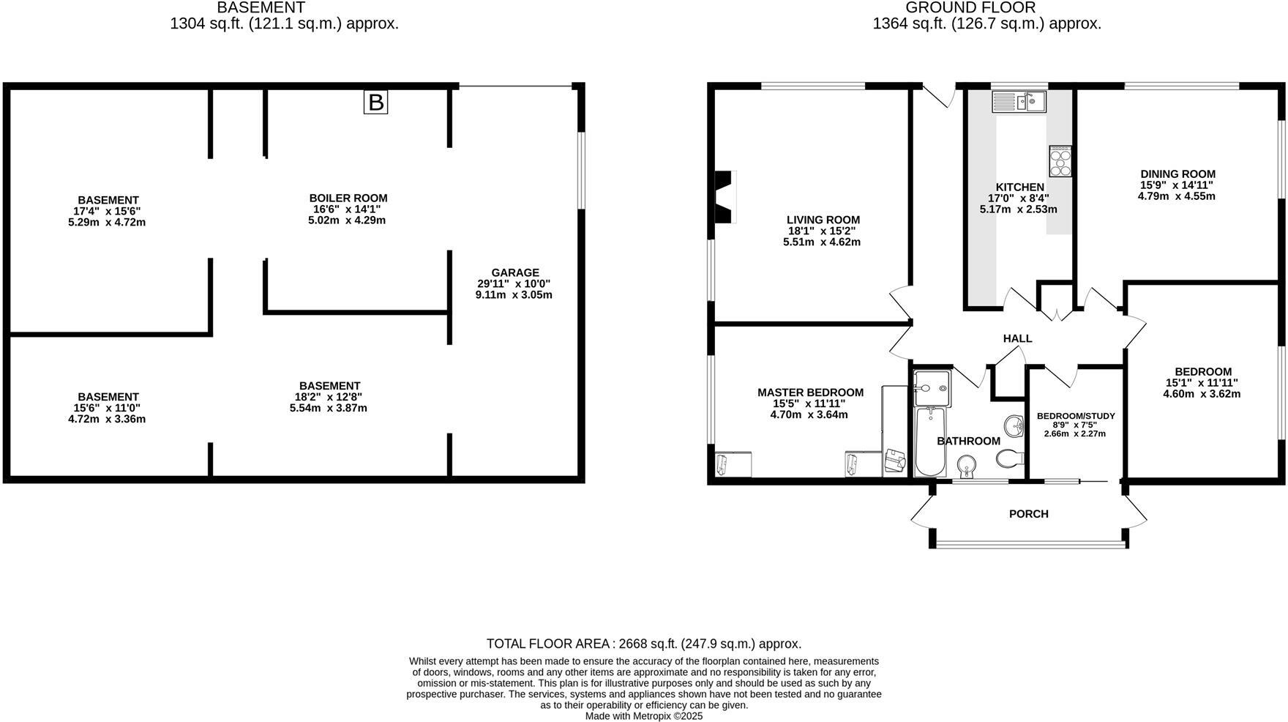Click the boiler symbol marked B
click(x=375, y=103)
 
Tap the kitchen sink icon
click(x=1019, y=101)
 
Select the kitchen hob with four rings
click(x=1060, y=161)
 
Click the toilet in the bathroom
click(x=1009, y=458)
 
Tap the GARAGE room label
click(x=515, y=272)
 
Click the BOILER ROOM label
click(x=348, y=198)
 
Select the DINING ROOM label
click(x=1177, y=174)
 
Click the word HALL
click(x=1017, y=338)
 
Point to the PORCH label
click(x=1028, y=514)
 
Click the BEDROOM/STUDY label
click(x=1076, y=416)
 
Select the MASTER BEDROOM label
click(x=810, y=392)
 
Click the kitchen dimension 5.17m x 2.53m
click(x=1018, y=209)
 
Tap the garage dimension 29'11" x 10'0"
click(x=514, y=283)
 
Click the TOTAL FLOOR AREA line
click(x=644, y=644)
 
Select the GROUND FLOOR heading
click(x=970, y=8)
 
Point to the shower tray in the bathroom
click(x=932, y=386)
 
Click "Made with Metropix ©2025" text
click(x=644, y=716)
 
